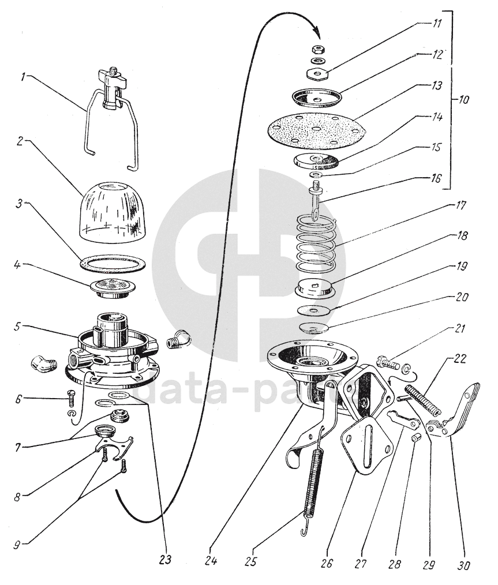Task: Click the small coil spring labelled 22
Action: point(425,401)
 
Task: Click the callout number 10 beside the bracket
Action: point(463,99)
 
